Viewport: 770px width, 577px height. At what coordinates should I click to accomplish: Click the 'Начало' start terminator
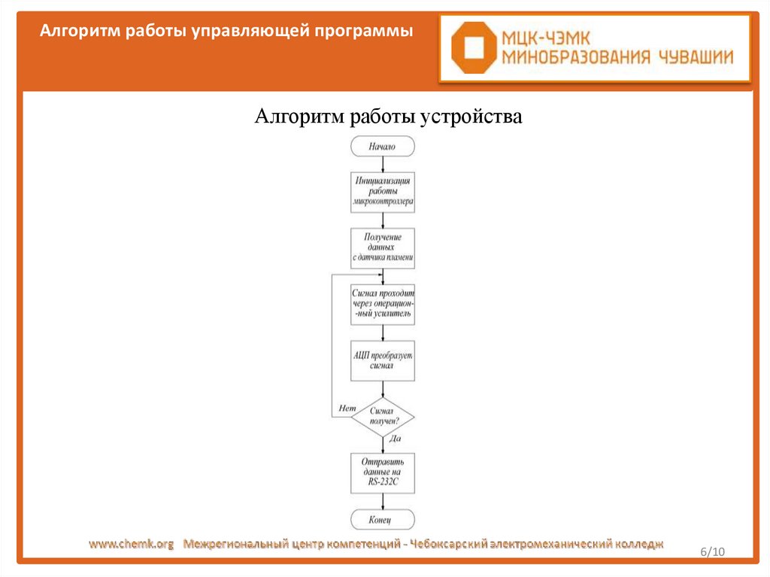[382, 147]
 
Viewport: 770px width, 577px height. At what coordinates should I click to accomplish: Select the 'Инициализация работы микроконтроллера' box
[382, 192]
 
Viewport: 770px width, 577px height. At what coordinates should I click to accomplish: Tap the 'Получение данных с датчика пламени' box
[382, 248]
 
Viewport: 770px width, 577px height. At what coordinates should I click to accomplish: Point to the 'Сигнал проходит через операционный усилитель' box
[382, 305]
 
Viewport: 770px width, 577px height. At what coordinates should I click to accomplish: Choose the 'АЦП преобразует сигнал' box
[382, 361]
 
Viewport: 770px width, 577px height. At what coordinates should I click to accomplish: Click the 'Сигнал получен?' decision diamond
[382, 417]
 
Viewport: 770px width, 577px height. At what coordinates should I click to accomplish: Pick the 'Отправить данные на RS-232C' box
[382, 472]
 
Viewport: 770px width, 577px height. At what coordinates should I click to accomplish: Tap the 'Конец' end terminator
[382, 519]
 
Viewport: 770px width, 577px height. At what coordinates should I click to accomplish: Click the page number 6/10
[711, 551]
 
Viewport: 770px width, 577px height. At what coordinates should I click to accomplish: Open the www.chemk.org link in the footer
[132, 543]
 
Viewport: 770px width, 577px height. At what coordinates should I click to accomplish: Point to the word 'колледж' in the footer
[638, 543]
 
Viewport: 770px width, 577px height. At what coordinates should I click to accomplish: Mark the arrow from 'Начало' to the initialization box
[383, 164]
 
